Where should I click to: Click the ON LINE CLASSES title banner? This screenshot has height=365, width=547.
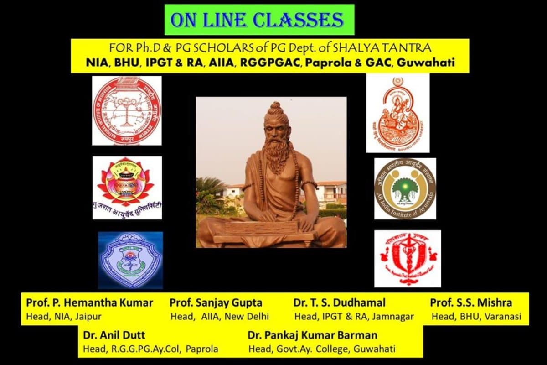(x=259, y=20)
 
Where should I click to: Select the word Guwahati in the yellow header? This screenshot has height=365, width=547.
(x=426, y=63)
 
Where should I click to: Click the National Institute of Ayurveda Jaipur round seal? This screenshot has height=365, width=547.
(x=127, y=110)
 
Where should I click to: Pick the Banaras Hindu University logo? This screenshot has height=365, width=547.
(x=397, y=113)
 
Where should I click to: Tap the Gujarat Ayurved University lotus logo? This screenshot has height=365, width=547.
(x=127, y=187)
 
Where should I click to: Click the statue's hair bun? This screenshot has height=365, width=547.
(x=275, y=109)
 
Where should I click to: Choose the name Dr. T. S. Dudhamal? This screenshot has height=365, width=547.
(x=340, y=303)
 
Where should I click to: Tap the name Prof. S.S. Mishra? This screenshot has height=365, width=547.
(x=471, y=303)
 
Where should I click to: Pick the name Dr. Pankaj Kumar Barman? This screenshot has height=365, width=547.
(x=312, y=335)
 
